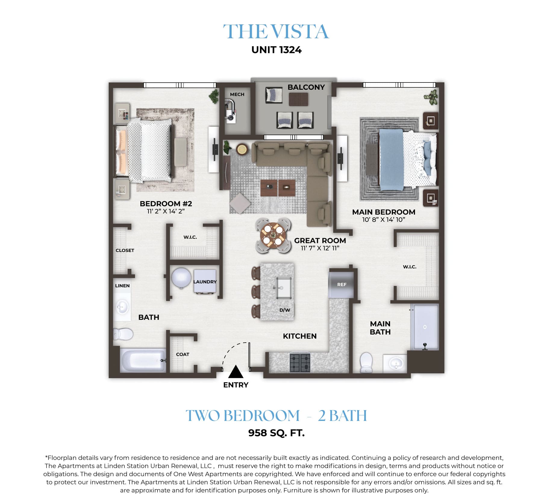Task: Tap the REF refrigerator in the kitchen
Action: pos(341,285)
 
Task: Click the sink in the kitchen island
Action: pos(283,288)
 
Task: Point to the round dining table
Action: pos(273,235)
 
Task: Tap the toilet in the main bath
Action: pos(366,363)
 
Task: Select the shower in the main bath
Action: pos(425,327)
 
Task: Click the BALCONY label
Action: pos(306,87)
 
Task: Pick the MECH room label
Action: pos(237,94)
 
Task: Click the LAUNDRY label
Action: pos(205,282)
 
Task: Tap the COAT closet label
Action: pos(183,354)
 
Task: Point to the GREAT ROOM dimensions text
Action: pos(320,248)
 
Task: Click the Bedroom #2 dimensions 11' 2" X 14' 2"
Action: pos(166,211)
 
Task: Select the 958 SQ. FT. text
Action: pos(276,433)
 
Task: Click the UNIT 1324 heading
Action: pos(276,50)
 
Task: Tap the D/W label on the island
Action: pos(285,310)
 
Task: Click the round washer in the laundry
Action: pos(181,278)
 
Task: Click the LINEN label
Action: pos(122,286)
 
